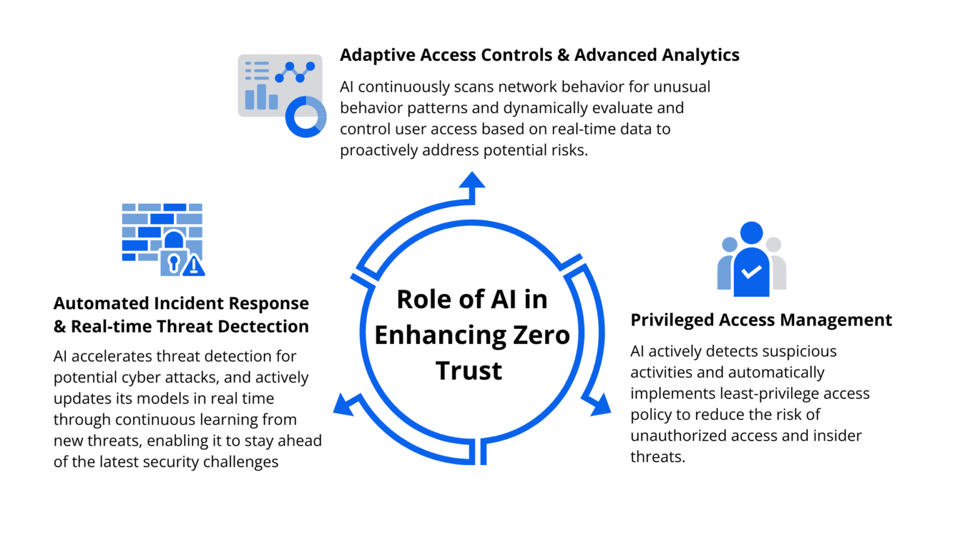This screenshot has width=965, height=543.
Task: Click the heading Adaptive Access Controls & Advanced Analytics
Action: point(539,55)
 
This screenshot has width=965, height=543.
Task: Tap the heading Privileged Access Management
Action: point(761,320)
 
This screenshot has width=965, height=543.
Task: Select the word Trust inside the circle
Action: point(469,371)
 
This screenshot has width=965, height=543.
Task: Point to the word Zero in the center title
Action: point(541,335)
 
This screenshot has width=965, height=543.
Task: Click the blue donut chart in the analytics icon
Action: point(305,117)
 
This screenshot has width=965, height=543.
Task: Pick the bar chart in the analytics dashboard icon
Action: point(261,98)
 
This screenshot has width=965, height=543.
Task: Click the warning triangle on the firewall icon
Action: point(194,266)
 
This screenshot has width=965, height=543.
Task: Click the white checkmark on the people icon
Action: point(751,272)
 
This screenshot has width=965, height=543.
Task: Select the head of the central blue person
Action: point(751,233)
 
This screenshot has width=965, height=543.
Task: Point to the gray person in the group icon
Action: point(777,264)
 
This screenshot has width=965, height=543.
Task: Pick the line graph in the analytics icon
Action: point(295,72)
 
